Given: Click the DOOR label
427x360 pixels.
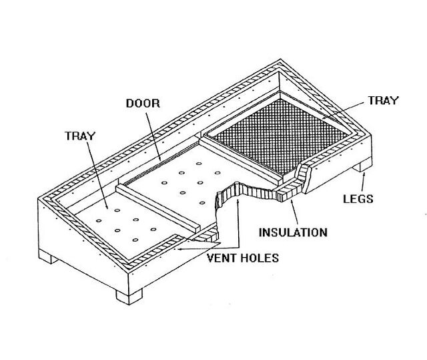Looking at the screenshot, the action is coord(143,104).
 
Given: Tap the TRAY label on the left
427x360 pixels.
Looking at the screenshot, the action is coord(80,136).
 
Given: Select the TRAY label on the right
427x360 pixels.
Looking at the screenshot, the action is coord(384,101).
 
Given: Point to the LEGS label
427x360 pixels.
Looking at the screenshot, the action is coord(358,199).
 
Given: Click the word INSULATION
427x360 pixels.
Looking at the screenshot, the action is coord(293,232).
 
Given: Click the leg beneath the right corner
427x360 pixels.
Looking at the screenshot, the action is coord(364,164).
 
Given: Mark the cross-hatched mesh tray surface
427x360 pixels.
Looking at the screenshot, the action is coord(280,136).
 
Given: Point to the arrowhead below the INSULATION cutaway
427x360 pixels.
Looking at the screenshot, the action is coord(292,202).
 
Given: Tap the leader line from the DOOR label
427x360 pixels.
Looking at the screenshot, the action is coord(153,136).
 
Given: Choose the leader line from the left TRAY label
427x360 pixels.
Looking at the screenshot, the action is coord(97,175).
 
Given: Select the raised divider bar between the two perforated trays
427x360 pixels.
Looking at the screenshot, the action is coord(158,208).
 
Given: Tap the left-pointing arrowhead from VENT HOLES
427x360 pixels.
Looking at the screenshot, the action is coord(179,249).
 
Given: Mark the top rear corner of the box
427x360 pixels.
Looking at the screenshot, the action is coord(280,59).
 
